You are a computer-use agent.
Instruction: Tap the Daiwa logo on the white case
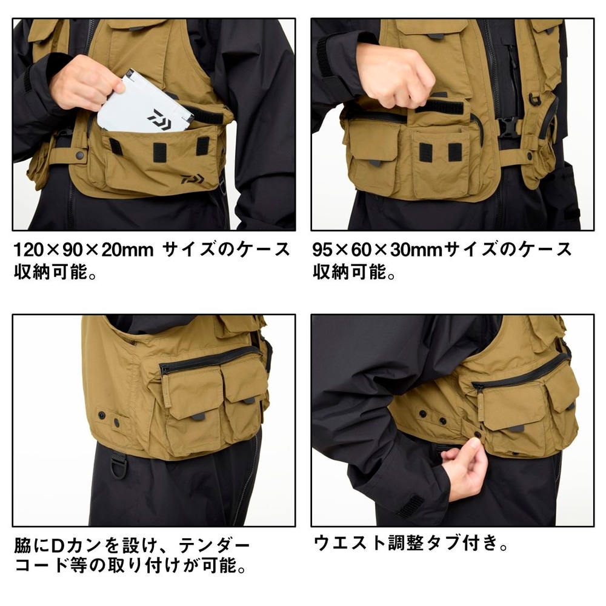click(159, 118)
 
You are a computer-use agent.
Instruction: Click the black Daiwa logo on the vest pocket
click(192, 179)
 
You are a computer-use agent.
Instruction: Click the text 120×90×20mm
click(84, 250)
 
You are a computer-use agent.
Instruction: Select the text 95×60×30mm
click(378, 250)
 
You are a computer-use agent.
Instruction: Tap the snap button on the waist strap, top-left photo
click(80, 155)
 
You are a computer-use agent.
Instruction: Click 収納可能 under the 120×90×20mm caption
click(51, 271)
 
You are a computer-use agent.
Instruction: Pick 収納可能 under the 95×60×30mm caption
click(350, 271)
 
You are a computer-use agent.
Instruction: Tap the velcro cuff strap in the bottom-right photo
click(410, 507)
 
